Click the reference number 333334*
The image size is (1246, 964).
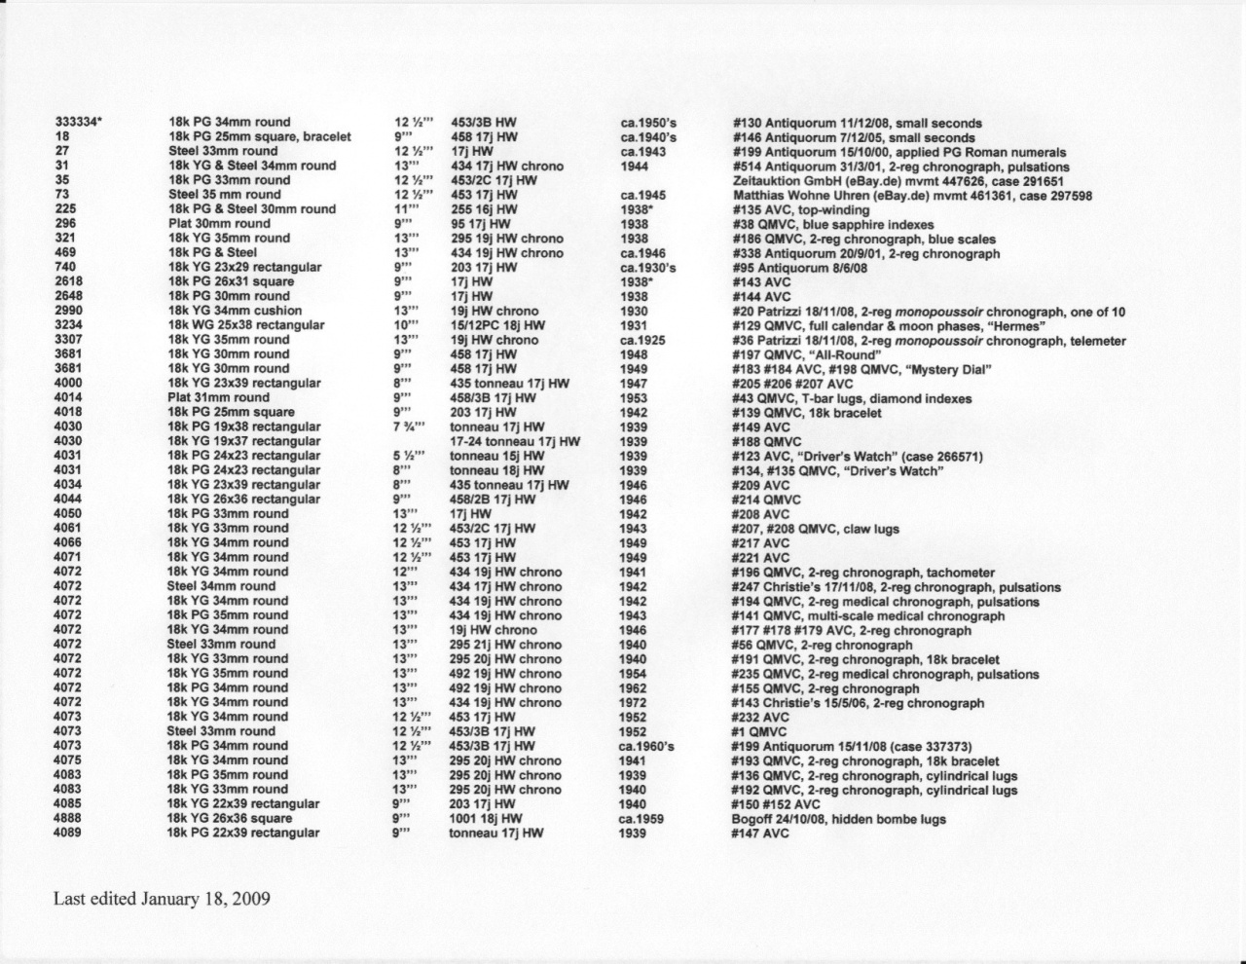78,123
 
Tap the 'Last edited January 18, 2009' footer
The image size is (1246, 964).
162,899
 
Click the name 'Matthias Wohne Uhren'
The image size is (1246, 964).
800,196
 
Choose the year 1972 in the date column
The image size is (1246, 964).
633,703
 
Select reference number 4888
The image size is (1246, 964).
68,819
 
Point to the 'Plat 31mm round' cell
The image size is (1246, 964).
219,397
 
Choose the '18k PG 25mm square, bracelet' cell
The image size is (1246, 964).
260,137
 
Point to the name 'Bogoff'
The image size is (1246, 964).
753,819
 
